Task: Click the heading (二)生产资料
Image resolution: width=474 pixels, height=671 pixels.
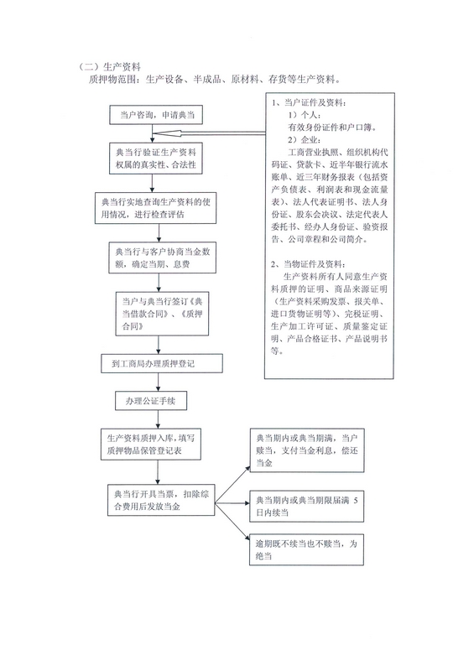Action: point(109,67)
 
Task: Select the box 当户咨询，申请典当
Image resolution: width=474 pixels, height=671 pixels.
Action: point(156,115)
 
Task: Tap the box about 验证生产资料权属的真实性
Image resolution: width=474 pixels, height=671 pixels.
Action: point(156,159)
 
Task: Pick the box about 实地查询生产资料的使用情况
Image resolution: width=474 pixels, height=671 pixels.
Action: point(155,208)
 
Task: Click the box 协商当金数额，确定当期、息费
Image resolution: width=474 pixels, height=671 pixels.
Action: point(162,257)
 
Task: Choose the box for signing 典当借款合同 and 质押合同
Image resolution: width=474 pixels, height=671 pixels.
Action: point(162,314)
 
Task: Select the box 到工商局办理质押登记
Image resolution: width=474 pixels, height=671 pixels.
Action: point(162,364)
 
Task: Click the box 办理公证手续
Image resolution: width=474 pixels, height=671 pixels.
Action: point(151,401)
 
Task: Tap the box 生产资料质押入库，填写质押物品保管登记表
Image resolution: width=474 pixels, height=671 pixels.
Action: point(151,445)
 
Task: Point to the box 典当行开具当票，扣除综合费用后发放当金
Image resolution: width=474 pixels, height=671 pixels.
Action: point(161,500)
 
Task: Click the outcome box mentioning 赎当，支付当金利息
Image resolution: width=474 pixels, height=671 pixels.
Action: point(307,450)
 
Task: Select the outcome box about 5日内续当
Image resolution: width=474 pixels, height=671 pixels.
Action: point(307,507)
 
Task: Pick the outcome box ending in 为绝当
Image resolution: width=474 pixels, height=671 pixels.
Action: point(306,550)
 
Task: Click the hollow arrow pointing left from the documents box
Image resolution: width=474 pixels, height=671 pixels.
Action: point(209,133)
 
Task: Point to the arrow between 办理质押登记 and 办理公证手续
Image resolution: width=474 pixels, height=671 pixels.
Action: point(159,382)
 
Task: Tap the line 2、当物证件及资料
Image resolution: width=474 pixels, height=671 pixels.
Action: point(308,264)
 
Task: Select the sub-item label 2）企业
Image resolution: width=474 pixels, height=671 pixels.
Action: point(304,140)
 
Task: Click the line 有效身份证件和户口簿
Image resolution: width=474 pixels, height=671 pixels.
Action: point(332,127)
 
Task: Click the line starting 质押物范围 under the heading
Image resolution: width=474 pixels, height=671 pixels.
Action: point(215,79)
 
